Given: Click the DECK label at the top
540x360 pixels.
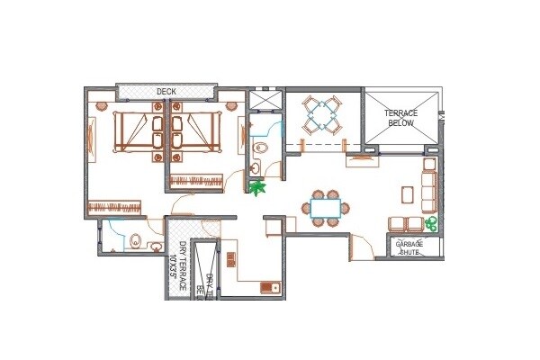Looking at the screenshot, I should (166, 92).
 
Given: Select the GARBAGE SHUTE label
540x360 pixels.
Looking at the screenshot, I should (414, 247).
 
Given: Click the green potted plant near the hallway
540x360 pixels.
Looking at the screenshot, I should (259, 188).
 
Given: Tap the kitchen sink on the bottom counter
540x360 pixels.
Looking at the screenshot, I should (267, 287).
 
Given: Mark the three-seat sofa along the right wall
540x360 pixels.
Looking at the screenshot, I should (429, 184).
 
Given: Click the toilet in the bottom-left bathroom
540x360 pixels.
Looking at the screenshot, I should (134, 240).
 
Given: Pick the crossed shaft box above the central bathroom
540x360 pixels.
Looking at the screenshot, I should (263, 102).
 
